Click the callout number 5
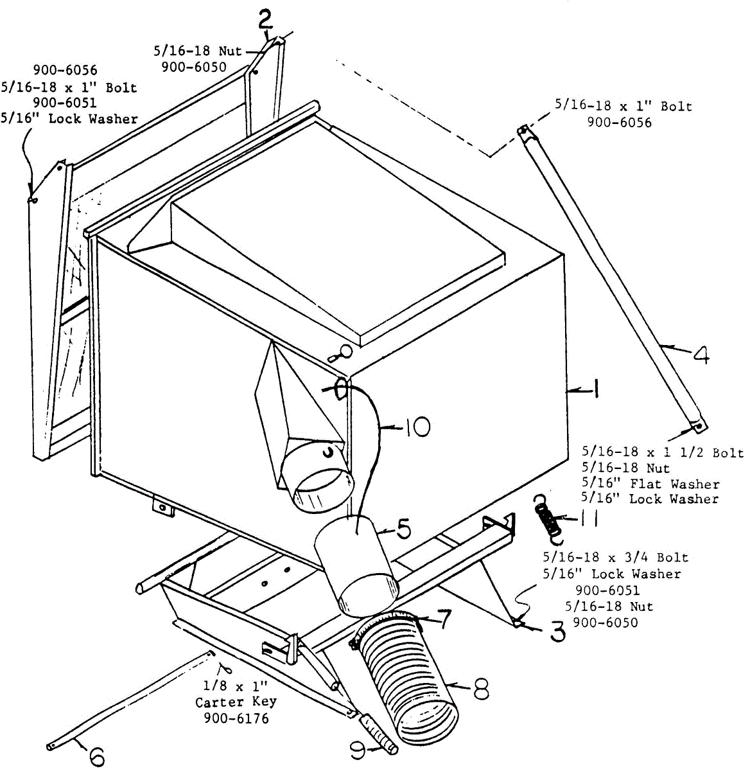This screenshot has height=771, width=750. click(403, 529)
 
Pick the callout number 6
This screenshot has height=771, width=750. click(96, 756)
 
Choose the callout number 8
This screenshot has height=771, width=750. click(480, 689)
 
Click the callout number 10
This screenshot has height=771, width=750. click(417, 427)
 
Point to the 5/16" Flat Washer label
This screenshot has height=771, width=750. click(650, 484)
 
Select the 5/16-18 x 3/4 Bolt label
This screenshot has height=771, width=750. click(615, 558)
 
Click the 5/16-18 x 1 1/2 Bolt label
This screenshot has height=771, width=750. click(662, 452)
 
